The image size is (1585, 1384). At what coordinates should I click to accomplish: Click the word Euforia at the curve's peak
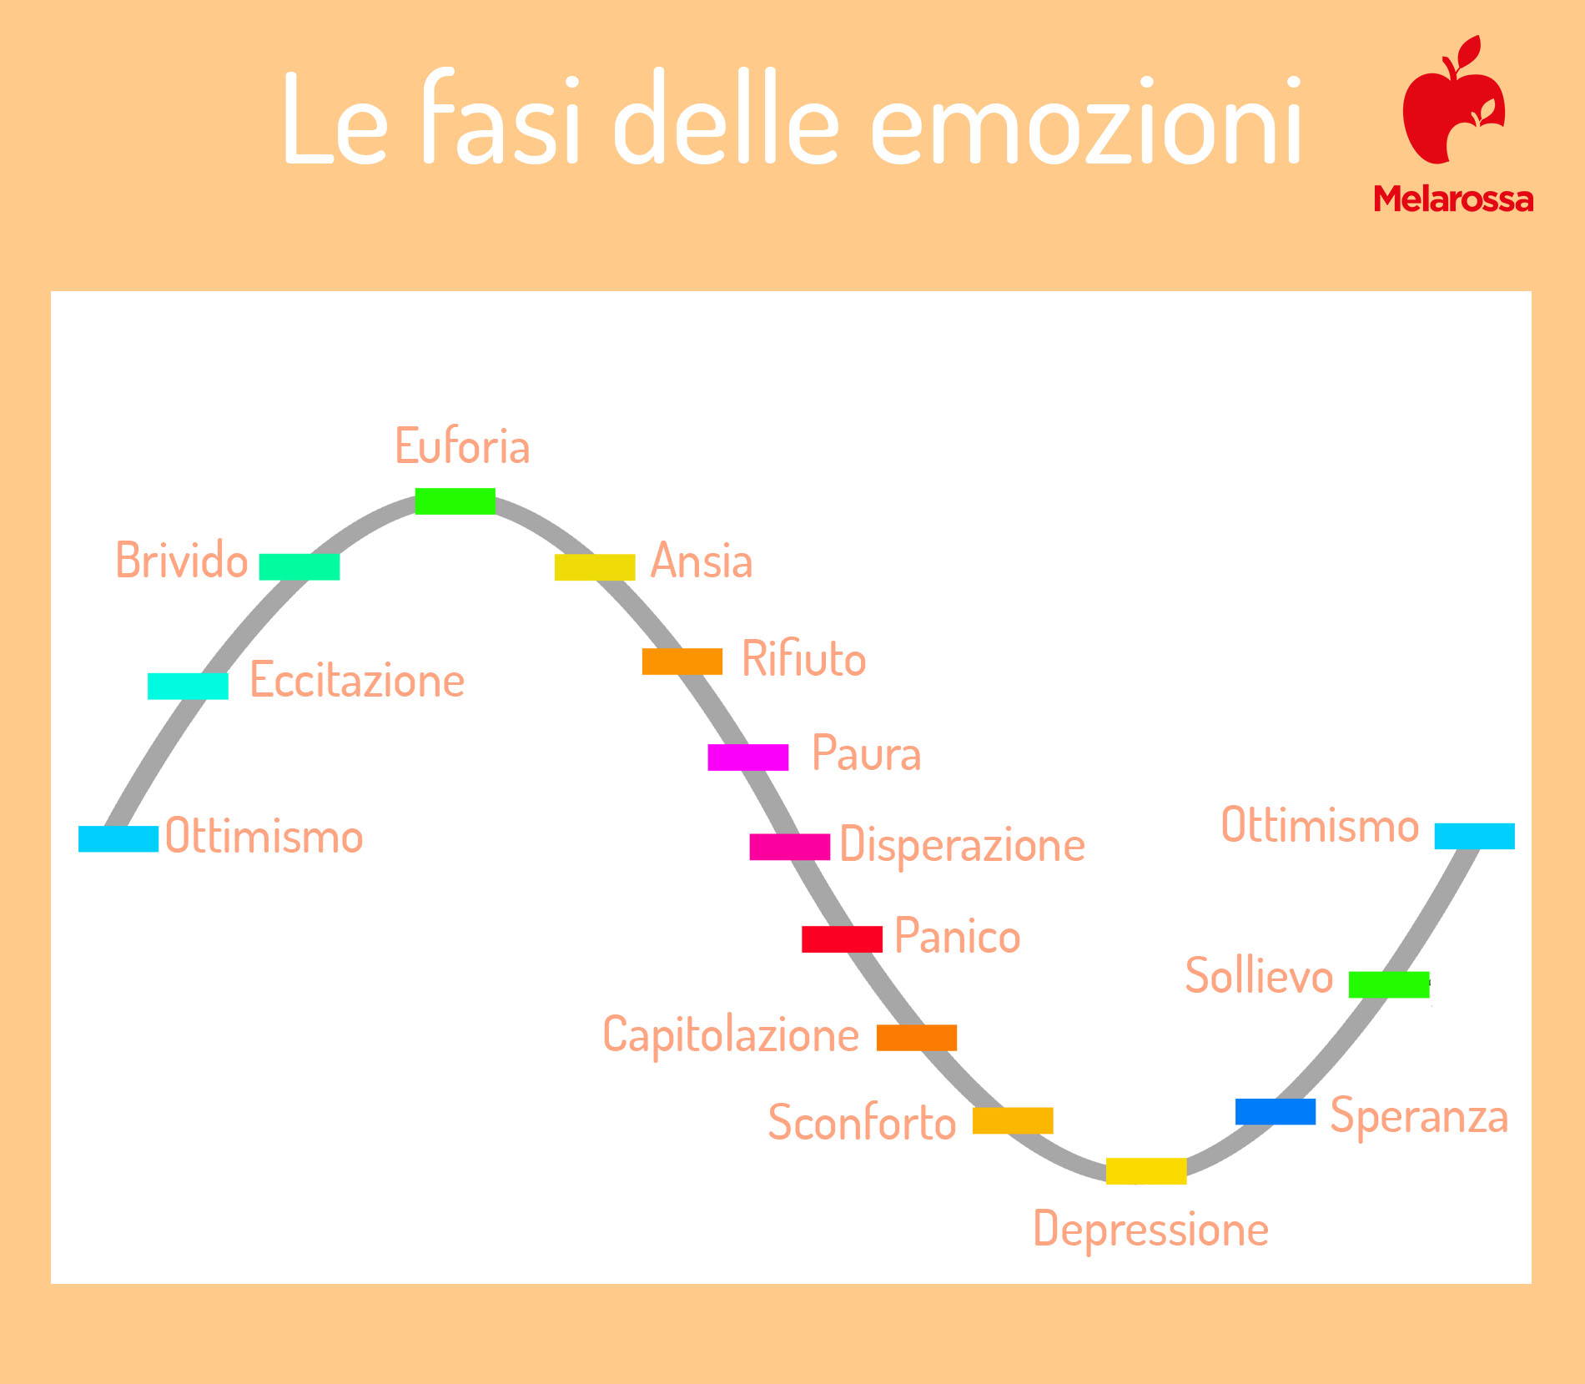[x=462, y=445]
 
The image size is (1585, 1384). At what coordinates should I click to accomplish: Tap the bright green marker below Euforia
[x=455, y=501]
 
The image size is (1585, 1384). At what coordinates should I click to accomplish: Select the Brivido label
[x=182, y=560]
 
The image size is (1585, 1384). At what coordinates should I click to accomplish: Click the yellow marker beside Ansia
[x=595, y=567]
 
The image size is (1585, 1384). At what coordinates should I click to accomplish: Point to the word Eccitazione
[x=357, y=680]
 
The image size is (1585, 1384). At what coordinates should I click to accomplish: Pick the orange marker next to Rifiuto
[x=682, y=662]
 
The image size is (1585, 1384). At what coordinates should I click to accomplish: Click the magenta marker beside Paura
[x=748, y=757]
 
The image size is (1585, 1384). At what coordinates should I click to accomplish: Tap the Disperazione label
[x=963, y=845]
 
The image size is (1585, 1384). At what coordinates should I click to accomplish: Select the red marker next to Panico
[x=842, y=939]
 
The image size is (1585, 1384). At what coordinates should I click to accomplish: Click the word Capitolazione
[x=731, y=1036]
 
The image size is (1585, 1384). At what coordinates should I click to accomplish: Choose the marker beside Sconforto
[x=1013, y=1120]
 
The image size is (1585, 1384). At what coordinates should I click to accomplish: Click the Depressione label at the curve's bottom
[x=1151, y=1230]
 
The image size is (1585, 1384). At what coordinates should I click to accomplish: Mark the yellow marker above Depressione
[x=1146, y=1171]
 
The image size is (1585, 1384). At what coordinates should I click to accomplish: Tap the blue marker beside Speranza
[x=1276, y=1112]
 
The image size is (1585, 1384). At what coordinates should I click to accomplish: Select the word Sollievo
[x=1260, y=975]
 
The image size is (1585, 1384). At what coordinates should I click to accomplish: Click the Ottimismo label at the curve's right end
[x=1321, y=825]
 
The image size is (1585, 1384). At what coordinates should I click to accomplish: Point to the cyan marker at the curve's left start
[x=118, y=839]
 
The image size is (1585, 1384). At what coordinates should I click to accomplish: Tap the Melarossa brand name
[x=1454, y=199]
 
